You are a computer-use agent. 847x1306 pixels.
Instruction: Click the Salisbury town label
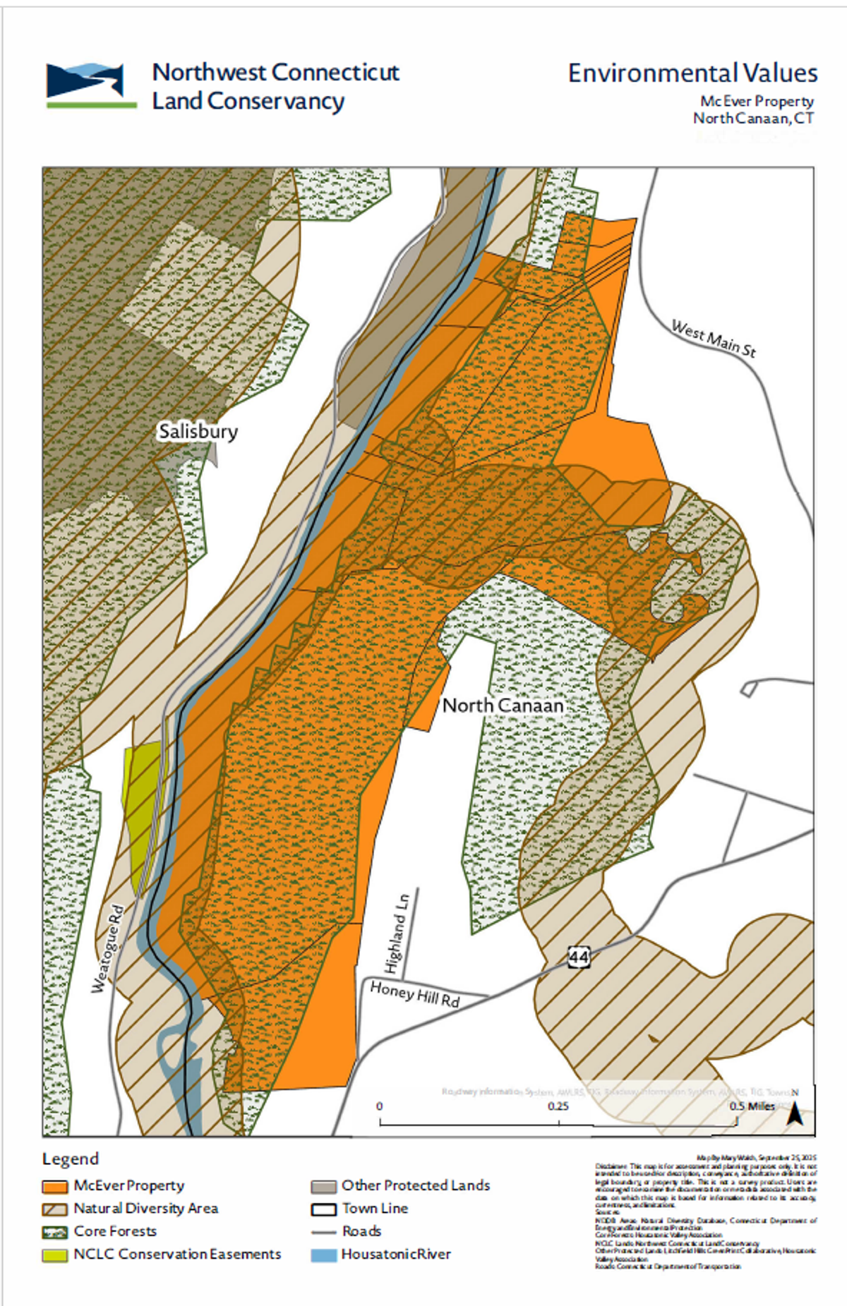[x=198, y=431]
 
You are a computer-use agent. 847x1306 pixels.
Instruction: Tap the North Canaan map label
[x=503, y=705]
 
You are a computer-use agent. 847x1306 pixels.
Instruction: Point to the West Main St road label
[x=713, y=339]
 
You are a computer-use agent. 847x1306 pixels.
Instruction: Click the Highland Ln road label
[x=397, y=933]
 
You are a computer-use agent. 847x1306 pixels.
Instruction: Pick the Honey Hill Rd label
[x=415, y=994]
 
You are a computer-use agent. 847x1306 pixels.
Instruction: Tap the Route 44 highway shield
[x=578, y=957]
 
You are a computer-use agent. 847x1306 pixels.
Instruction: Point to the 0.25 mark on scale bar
[x=558, y=1106]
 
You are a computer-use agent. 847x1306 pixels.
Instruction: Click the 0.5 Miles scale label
[x=752, y=1106]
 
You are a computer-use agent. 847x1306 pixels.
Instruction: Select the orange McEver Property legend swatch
[x=54, y=1186]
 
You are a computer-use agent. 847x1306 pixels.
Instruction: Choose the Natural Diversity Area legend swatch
[x=54, y=1209]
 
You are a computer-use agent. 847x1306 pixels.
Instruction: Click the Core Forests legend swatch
[x=54, y=1232]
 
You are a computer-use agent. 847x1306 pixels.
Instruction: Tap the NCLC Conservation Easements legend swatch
[x=54, y=1254]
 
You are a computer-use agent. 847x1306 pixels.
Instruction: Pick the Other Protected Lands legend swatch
[x=323, y=1186]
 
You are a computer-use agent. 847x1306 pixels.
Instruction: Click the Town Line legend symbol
[x=323, y=1209]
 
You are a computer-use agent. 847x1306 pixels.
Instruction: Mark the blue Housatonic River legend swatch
[x=323, y=1254]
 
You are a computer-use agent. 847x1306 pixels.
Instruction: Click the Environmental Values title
[x=692, y=73]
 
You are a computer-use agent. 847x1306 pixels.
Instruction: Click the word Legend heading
[x=71, y=1159]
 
